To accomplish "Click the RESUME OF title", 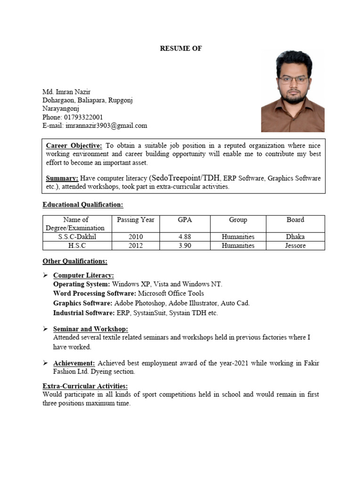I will point(181,49).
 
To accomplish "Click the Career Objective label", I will point(74,146).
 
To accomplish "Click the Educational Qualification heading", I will point(82,205).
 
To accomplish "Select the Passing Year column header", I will point(136,220).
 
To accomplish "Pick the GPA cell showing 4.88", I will point(185,237).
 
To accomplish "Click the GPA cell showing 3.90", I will point(185,246).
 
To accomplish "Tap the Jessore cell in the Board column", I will point(295,246).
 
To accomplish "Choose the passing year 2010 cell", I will point(136,237).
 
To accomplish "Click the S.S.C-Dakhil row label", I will point(77,237).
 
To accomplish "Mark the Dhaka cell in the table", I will point(295,237).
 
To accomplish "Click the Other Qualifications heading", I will point(75,261).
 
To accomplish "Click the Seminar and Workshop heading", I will point(90,329).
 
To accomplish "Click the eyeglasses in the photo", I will point(293,79).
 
